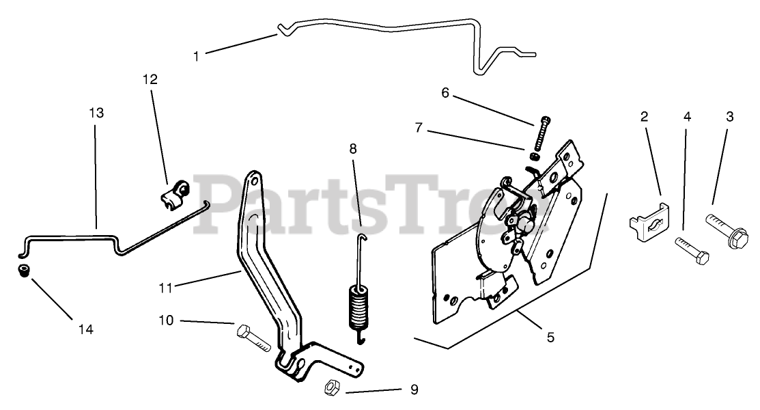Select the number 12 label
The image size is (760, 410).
point(150,79)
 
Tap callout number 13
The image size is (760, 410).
point(96,113)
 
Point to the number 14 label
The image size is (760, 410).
point(85,329)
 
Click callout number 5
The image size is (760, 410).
point(550,337)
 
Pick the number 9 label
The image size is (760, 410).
point(414,390)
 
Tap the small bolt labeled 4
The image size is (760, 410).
point(692,251)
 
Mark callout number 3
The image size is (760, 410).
point(729,116)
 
